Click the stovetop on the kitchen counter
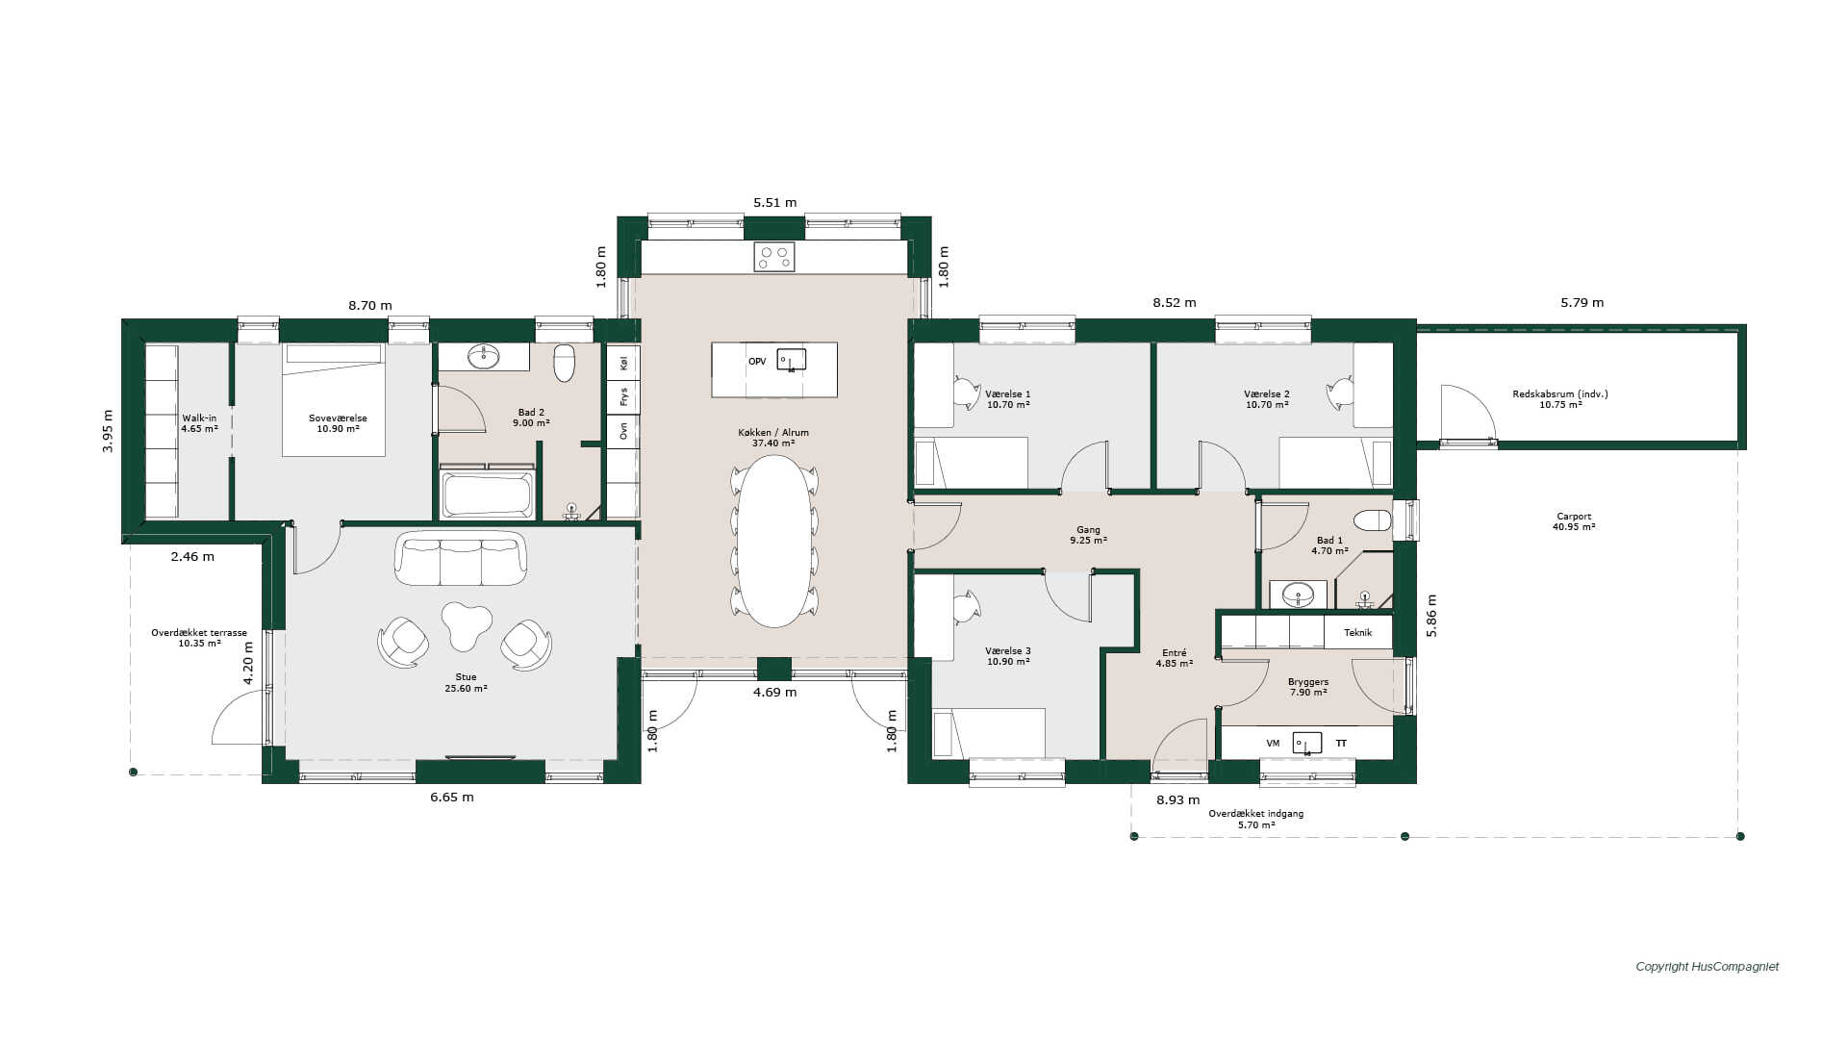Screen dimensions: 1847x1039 773,257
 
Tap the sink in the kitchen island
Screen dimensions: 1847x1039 791,360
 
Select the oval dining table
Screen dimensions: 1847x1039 774,541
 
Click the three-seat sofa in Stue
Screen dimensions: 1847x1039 461,558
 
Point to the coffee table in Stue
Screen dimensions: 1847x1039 467,625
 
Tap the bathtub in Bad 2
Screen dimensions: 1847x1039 487,494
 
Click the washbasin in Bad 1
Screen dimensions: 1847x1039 1298,595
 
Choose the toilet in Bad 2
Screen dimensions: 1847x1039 565,362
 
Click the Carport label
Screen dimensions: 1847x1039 1574,521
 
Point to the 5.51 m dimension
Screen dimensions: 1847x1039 775,203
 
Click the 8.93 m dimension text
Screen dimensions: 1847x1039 1178,799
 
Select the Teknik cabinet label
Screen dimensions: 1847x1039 1358,632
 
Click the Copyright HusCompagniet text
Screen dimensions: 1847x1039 1708,967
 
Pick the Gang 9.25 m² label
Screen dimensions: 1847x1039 1088,535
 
